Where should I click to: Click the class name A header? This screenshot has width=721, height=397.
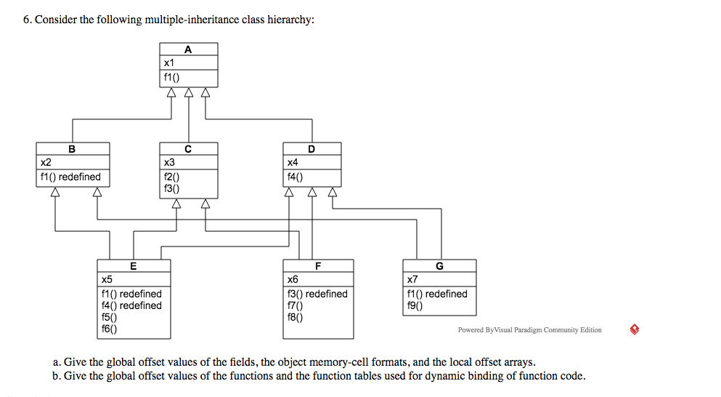(x=188, y=49)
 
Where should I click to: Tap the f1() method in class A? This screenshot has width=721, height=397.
(x=171, y=77)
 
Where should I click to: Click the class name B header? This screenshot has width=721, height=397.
(x=72, y=149)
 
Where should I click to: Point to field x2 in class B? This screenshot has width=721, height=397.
(x=46, y=163)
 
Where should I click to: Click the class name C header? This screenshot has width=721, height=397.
(x=188, y=149)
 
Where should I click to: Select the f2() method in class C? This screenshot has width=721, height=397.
(x=172, y=177)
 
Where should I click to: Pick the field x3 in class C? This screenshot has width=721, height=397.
(x=170, y=163)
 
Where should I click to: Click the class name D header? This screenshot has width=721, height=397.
(x=311, y=149)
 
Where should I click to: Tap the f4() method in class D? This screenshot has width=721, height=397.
(x=296, y=177)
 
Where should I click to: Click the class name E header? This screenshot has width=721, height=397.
(x=134, y=266)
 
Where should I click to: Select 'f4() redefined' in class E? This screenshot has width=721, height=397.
(x=131, y=305)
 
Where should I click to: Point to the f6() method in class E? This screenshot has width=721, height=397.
(x=110, y=329)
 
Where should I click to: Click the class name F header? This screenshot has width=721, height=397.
(x=318, y=266)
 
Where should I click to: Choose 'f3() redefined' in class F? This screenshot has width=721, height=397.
(x=317, y=294)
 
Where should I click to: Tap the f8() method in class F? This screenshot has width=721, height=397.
(x=296, y=317)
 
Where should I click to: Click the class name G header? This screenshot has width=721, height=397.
(x=439, y=266)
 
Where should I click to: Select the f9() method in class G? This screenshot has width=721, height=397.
(x=416, y=305)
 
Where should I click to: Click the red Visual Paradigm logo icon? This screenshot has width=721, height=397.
(x=635, y=329)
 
